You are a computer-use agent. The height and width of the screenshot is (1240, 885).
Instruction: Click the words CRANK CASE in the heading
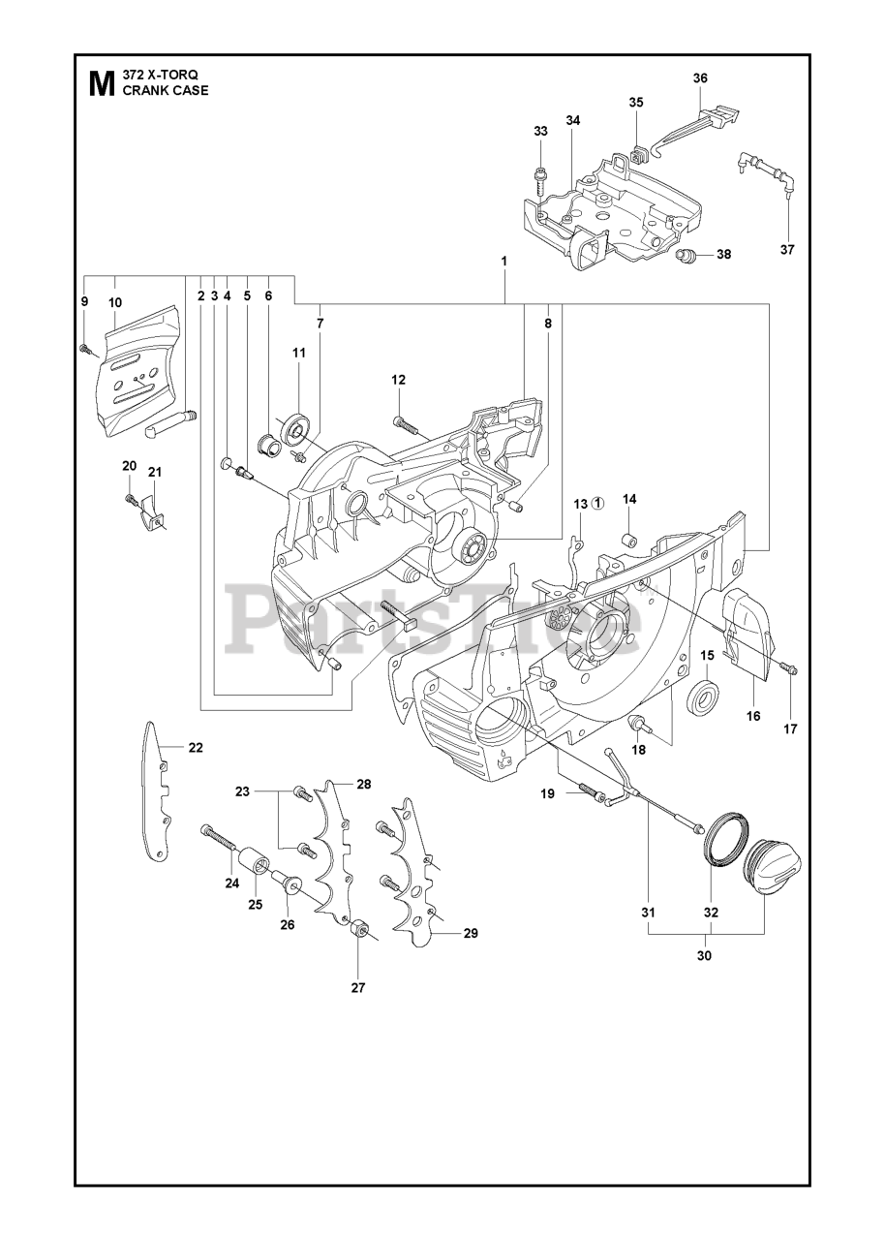pos(165,91)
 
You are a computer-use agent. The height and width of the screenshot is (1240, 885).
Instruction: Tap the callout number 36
pos(701,78)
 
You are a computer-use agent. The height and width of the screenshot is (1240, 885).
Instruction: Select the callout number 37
pos(787,249)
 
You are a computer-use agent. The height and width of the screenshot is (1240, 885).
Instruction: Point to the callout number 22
pos(196,747)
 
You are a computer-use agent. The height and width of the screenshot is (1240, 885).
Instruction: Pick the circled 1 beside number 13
pos(598,503)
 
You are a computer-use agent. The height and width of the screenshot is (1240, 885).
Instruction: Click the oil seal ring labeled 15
pos(704,697)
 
